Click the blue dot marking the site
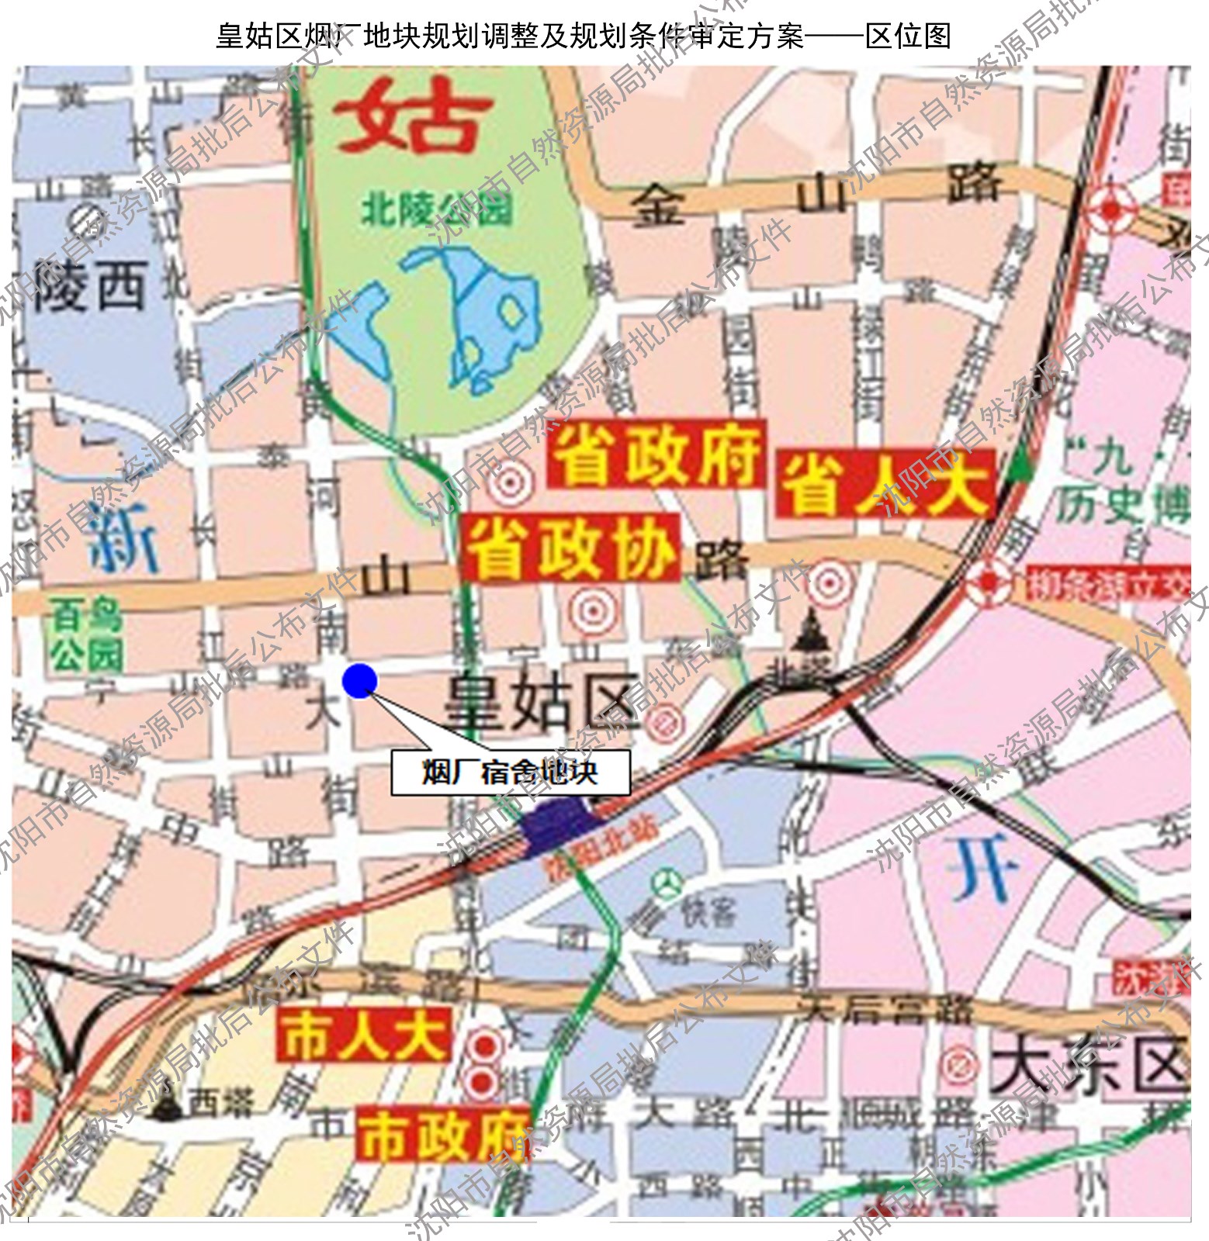[359, 681]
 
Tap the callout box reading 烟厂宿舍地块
[510, 773]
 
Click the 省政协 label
[571, 548]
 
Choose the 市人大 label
[362, 1035]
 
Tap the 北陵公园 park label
[437, 209]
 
